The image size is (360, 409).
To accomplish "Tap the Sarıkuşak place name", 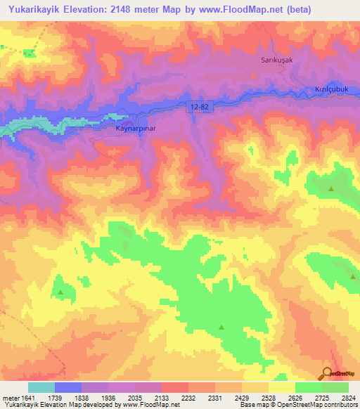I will click(267, 61).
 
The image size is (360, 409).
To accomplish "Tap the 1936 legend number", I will click(108, 397).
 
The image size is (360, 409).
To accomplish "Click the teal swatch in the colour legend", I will click(41, 387).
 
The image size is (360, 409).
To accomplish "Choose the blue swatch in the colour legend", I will click(68, 387).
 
